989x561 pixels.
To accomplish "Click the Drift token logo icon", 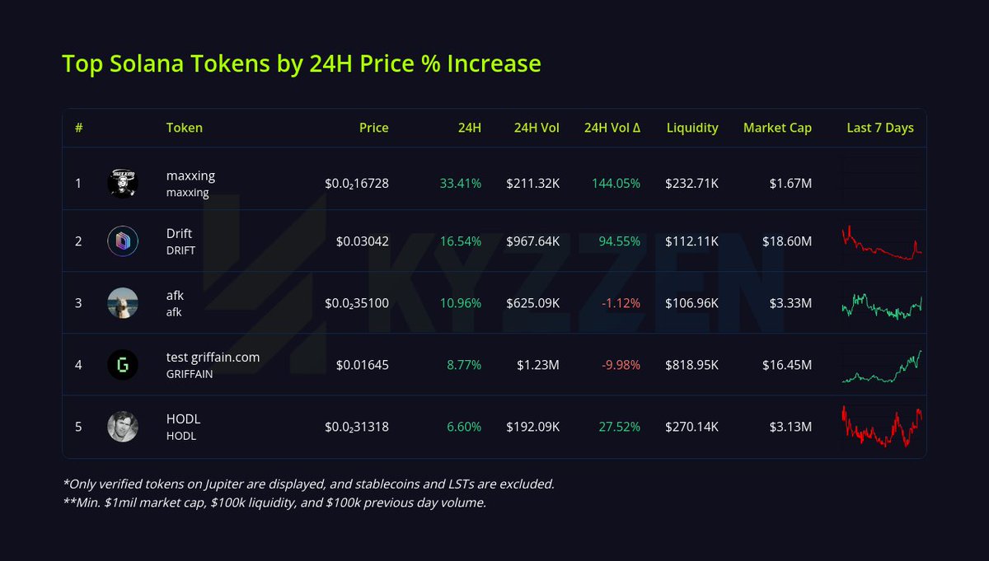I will tap(123, 241).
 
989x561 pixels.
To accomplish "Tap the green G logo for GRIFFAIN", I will tap(123, 364).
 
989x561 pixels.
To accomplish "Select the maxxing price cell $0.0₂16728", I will tap(356, 183).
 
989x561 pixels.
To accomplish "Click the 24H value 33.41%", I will tap(460, 183).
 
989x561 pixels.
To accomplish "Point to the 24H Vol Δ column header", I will tap(612, 128).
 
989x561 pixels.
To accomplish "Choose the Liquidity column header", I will tap(692, 128).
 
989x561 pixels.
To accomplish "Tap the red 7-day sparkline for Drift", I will tap(881, 244).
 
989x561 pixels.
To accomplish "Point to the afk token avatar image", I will tap(123, 302).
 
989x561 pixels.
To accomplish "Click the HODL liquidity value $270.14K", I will tap(691, 427).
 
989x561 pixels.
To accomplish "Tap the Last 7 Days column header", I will tap(879, 128).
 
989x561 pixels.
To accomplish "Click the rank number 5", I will tap(78, 427).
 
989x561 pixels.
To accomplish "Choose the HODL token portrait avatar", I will tap(123, 426).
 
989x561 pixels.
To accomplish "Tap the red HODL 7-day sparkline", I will tap(881, 426).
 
